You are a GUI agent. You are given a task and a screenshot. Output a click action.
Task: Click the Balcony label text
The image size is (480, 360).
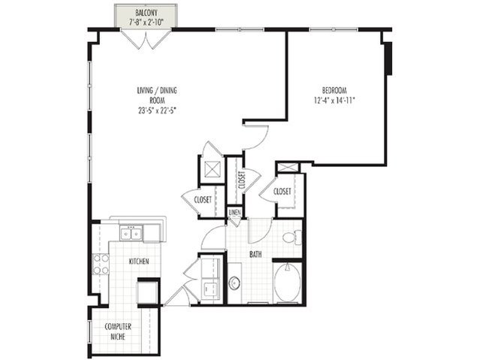tap(146, 13)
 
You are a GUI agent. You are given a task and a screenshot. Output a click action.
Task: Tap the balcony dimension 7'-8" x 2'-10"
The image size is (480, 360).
tap(146, 22)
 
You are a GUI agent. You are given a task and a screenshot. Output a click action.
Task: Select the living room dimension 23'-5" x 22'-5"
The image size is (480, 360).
tap(157, 110)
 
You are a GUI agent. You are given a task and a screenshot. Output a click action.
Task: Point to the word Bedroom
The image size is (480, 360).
tap(334, 91)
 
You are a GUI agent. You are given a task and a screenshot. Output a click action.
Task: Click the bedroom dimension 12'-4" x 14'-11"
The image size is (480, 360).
tap(334, 100)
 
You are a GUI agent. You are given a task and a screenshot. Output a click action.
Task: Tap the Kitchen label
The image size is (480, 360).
tap(139, 262)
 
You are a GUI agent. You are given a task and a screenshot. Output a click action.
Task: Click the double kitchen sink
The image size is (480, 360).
tap(131, 234)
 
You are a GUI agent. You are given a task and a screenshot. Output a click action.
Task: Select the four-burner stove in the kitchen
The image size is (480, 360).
tap(101, 264)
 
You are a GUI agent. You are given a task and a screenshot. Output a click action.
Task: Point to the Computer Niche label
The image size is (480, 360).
tap(118, 331)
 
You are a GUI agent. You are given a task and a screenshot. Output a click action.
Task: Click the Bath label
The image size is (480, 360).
tap(255, 254)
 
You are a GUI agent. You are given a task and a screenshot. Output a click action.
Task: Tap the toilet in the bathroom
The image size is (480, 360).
tap(292, 237)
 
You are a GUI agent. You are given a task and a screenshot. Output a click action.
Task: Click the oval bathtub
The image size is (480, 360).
tap(287, 283)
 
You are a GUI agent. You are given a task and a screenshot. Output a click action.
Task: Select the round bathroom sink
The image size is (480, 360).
tap(235, 283)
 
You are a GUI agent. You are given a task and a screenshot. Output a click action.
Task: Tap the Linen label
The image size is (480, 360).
tap(235, 212)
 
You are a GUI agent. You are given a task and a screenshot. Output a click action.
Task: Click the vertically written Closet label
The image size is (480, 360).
tap(241, 181)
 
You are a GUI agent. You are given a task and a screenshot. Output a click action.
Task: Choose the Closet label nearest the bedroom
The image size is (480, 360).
tap(282, 192)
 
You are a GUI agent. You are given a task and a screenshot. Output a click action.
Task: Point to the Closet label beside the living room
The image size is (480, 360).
tap(203, 200)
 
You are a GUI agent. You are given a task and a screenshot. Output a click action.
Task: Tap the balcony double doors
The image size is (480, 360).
tap(146, 39)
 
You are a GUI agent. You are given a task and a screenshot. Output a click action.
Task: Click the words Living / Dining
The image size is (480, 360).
tap(157, 91)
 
